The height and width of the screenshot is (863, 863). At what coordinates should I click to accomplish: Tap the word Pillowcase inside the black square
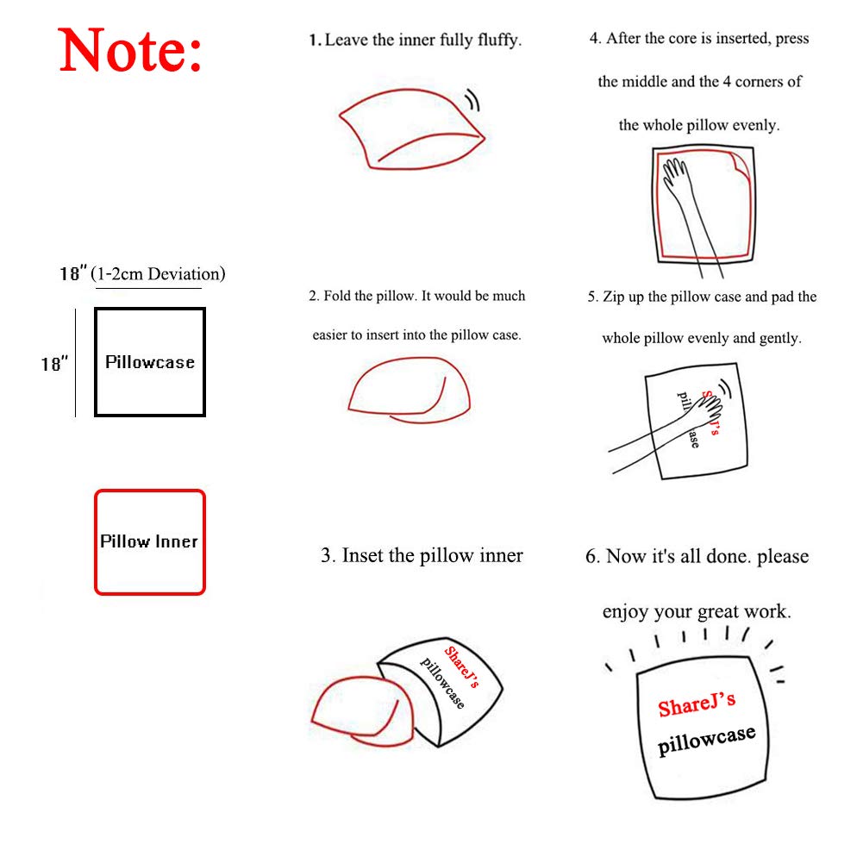coord(150,362)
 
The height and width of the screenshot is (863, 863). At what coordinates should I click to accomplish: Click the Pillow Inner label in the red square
coord(148,541)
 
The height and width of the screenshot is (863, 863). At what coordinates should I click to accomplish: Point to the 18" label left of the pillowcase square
coord(54,364)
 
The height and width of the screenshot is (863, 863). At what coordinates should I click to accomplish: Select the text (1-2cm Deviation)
coord(158,274)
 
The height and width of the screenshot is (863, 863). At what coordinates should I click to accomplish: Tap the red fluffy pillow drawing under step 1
coord(412,128)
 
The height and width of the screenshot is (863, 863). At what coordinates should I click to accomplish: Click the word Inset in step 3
coord(363,555)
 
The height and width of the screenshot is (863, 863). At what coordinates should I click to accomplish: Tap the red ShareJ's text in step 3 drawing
coord(461,666)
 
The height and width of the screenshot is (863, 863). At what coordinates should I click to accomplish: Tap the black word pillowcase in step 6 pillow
coord(707,741)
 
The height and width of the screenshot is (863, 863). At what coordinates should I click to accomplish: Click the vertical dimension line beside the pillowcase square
coord(75,363)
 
